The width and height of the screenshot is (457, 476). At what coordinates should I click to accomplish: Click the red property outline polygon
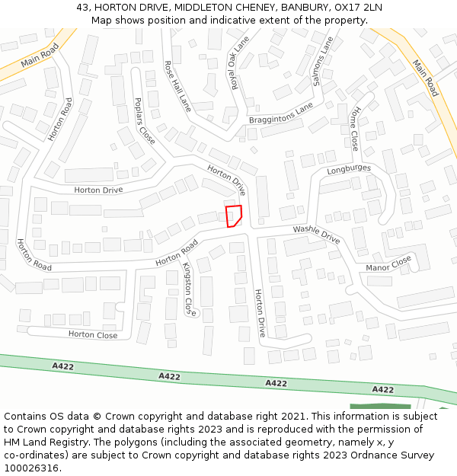pos(235,216)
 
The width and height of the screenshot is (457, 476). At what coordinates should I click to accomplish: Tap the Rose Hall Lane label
pos(177,87)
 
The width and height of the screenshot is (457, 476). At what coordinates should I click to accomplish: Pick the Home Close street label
pos(354,127)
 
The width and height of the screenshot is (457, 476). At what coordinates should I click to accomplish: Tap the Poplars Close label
pos(144,120)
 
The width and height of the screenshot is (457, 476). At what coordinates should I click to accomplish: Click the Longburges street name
pos(349,169)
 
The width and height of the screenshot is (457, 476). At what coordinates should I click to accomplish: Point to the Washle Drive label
pos(316,234)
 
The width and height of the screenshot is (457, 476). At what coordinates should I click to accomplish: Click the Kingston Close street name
pos(188,289)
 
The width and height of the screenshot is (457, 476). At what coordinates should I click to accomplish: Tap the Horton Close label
pos(93,334)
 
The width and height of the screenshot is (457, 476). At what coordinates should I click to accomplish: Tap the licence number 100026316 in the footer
pos(31,468)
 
